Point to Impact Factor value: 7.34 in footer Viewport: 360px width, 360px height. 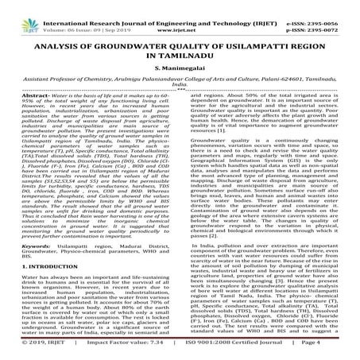tap(122, 352)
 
